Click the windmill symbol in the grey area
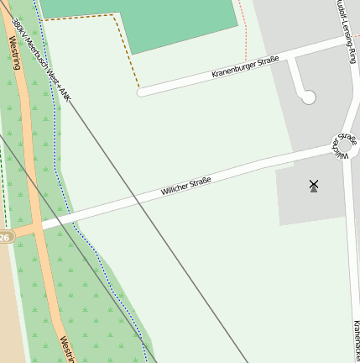[x=314, y=186]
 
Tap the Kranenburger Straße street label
[x=245, y=67]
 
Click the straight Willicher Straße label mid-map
[x=185, y=187]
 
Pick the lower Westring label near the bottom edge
[x=65, y=349]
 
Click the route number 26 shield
[x=4, y=238]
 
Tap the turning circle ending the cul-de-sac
[x=308, y=97]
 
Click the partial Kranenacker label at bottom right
[x=356, y=340]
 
